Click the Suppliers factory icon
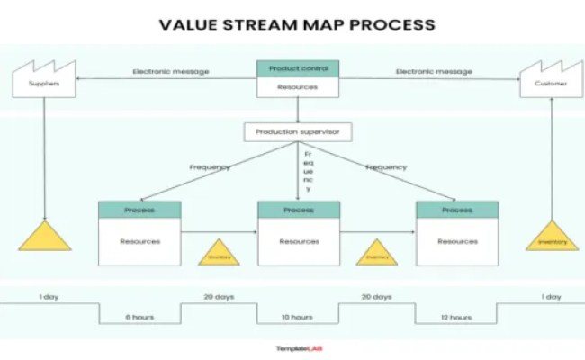(43, 80)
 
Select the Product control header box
(298, 68)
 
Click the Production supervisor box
(297, 132)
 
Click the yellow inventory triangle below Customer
(552, 236)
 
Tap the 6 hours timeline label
(139, 317)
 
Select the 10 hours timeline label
(297, 317)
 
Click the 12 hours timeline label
(455, 317)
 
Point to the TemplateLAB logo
(298, 348)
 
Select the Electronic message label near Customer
(434, 71)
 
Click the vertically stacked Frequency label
(308, 171)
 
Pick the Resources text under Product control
(298, 87)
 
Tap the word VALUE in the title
(188, 24)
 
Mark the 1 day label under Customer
(551, 296)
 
